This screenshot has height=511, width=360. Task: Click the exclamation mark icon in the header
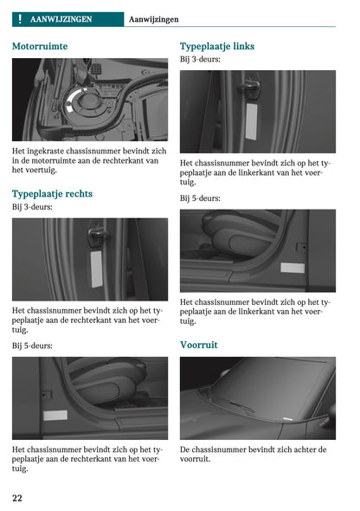coord(19,18)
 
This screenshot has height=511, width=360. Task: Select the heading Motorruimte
coord(40,46)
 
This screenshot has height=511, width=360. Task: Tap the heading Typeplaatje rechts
coord(52,193)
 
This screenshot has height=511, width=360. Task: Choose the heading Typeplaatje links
coord(216,46)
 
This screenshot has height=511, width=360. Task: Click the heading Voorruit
coord(198,344)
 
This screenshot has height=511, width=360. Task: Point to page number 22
coord(17,497)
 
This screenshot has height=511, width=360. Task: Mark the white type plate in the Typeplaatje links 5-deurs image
coord(292,268)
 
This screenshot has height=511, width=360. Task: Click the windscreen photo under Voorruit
coord(257,398)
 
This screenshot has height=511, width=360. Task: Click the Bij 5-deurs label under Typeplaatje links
coord(200,197)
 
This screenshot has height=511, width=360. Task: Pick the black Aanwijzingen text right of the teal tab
coord(153,18)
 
